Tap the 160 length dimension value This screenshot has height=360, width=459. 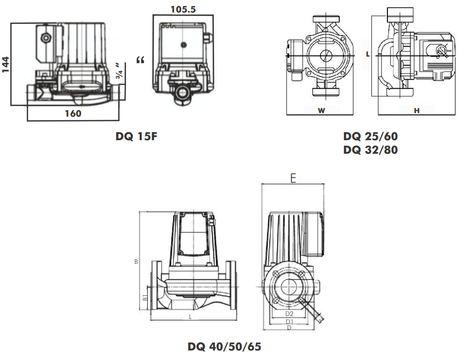click(x=73, y=114)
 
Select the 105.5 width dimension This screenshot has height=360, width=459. click(x=183, y=8)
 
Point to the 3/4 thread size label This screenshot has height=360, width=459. click(x=119, y=72)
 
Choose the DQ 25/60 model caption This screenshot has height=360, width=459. click(x=370, y=136)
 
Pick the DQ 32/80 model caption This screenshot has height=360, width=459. click(x=370, y=149)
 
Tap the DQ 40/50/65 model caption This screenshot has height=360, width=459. click(x=225, y=346)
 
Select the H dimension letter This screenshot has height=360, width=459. click(x=416, y=111)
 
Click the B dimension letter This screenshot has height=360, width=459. click(x=136, y=261)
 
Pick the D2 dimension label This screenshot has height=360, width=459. click(x=289, y=313)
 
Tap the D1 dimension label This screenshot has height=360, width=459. click(x=289, y=321)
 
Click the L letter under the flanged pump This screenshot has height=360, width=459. click(x=190, y=317)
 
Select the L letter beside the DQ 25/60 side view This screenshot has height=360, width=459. click(x=368, y=54)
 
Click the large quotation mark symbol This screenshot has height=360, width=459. click(x=140, y=61)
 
